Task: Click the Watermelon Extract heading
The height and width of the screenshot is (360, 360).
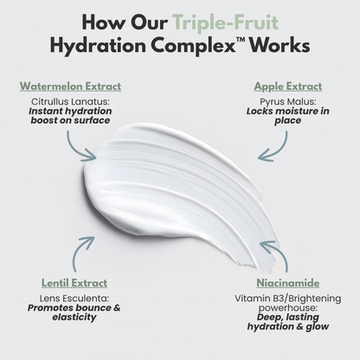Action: (69, 87)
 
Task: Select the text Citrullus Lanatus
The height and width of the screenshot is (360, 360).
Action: (70, 101)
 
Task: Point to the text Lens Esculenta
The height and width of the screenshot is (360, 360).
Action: (65, 297)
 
